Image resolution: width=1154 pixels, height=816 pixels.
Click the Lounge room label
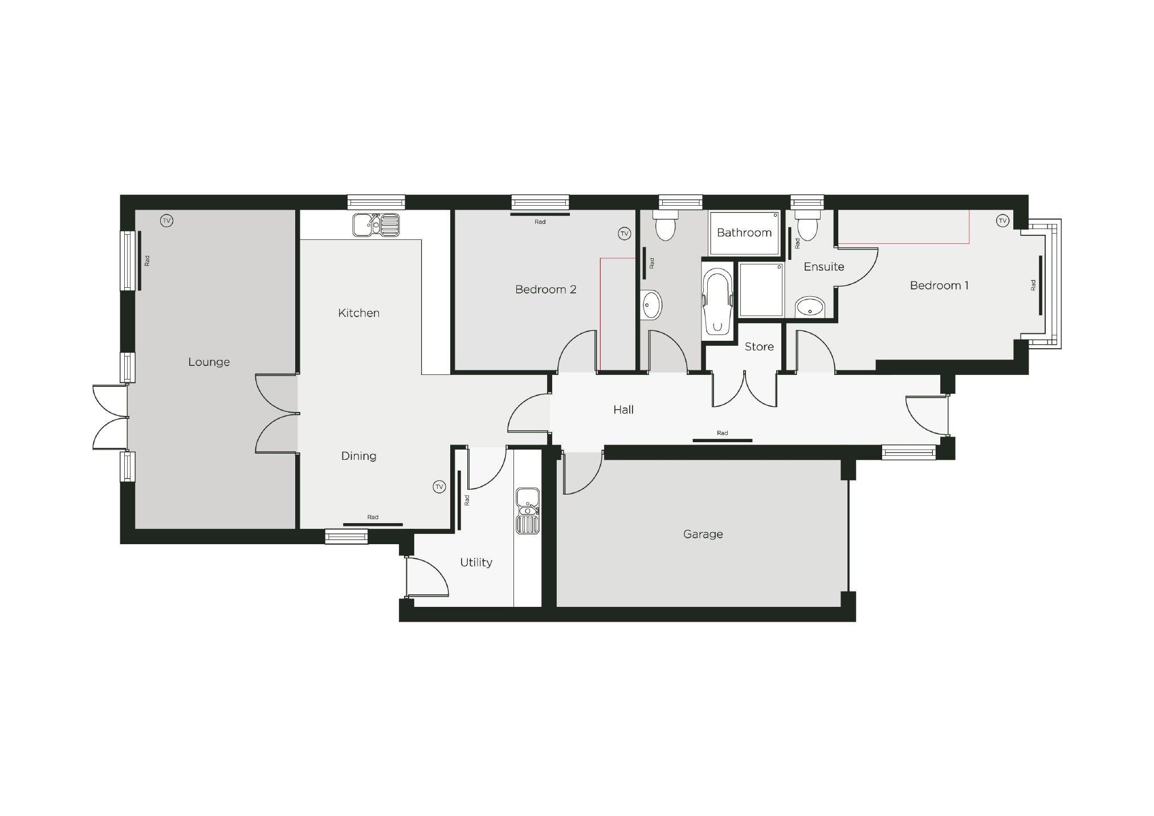pyautogui.click(x=209, y=362)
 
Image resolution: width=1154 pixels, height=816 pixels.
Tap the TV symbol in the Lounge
pyautogui.click(x=166, y=221)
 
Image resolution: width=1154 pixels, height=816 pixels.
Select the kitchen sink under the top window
pyautogui.click(x=376, y=225)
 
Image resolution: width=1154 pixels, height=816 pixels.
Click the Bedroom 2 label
pyautogui.click(x=545, y=289)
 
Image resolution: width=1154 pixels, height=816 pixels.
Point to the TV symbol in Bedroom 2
pyautogui.click(x=624, y=233)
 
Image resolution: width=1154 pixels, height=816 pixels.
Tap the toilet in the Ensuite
pyautogui.click(x=807, y=226)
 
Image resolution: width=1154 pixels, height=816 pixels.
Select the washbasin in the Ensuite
pyautogui.click(x=809, y=308)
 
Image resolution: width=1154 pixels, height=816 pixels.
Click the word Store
pyautogui.click(x=759, y=346)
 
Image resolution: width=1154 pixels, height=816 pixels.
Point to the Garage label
pyautogui.click(x=703, y=534)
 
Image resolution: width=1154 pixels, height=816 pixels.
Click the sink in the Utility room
pyautogui.click(x=528, y=511)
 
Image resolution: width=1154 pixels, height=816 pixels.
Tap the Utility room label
pyautogui.click(x=476, y=562)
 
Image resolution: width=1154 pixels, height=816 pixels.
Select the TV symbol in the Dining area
pyautogui.click(x=439, y=487)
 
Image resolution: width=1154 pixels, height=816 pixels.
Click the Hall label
pyautogui.click(x=623, y=409)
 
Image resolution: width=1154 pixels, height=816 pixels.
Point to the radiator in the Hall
pyautogui.click(x=722, y=440)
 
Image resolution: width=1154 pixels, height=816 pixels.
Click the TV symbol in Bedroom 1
pyautogui.click(x=1002, y=221)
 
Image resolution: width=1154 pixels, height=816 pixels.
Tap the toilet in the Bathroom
pyautogui.click(x=665, y=226)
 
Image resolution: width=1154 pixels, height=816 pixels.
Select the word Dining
pyautogui.click(x=358, y=456)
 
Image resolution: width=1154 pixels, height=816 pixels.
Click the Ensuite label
pyautogui.click(x=823, y=267)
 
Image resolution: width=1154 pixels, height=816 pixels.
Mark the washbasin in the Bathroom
pyautogui.click(x=651, y=305)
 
